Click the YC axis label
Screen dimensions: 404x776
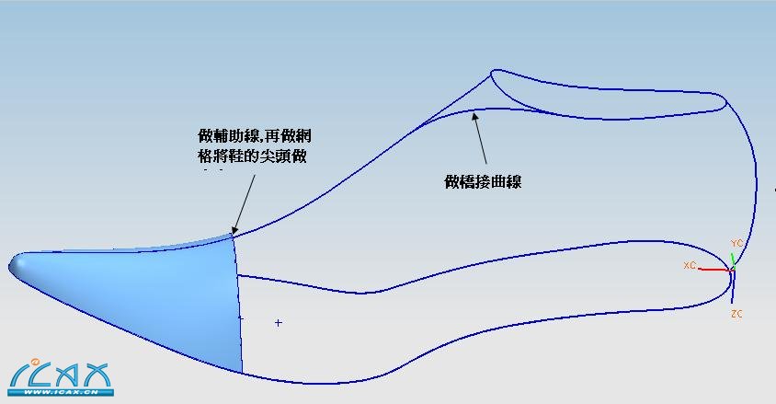click(x=736, y=243)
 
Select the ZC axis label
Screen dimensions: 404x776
click(x=736, y=315)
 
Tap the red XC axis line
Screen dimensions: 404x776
click(x=713, y=270)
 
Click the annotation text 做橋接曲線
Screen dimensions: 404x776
click(x=483, y=182)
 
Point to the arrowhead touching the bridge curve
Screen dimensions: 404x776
click(x=475, y=114)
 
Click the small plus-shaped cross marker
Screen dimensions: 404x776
click(x=278, y=323)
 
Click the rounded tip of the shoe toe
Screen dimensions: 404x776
click(x=15, y=264)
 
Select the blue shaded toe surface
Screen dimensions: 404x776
click(x=175, y=294)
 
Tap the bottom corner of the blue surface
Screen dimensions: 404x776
click(x=242, y=372)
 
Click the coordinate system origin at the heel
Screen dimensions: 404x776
click(x=732, y=270)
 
